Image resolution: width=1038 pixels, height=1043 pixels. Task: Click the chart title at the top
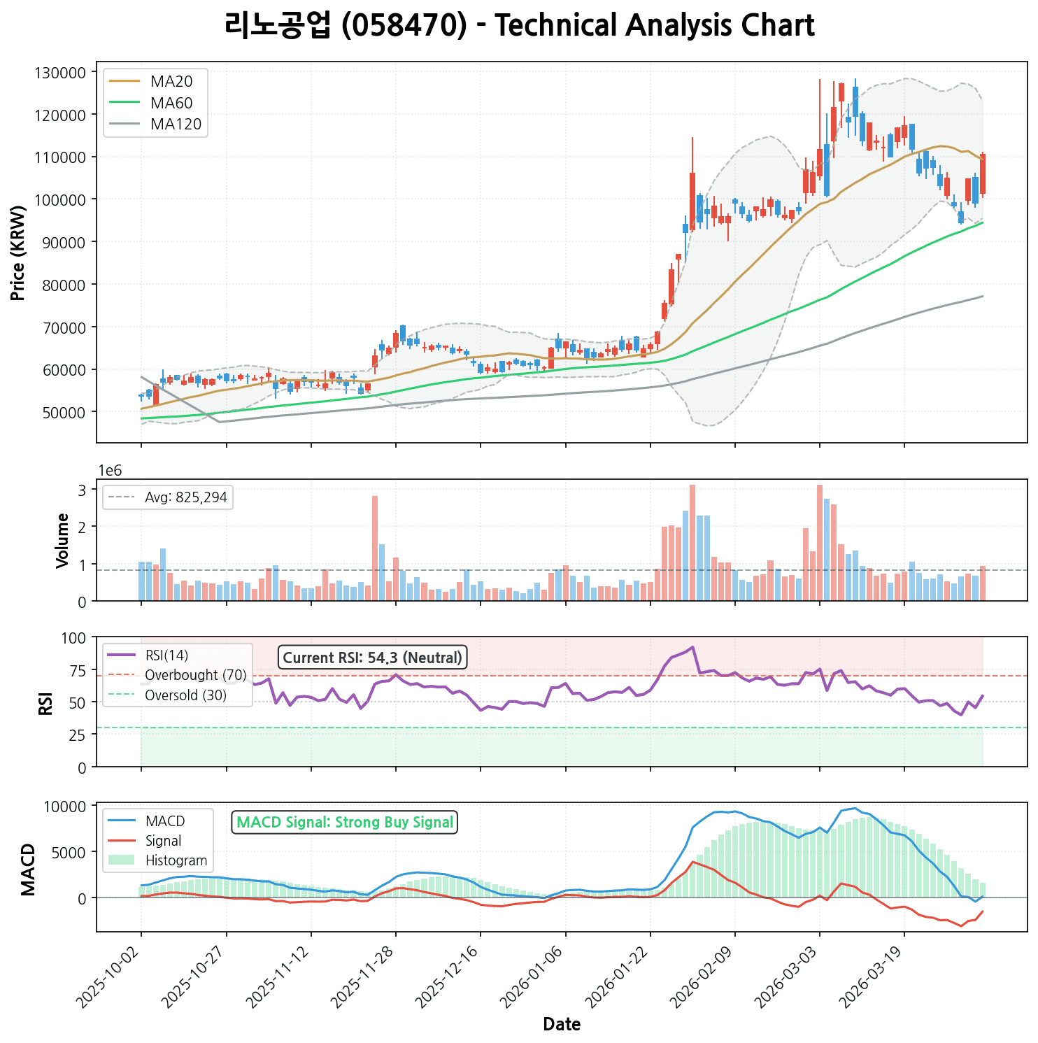point(519,26)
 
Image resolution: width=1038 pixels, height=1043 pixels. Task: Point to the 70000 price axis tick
point(68,327)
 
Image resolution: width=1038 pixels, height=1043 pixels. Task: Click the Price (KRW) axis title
point(18,253)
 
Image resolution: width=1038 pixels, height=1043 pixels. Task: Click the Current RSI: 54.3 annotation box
point(373,658)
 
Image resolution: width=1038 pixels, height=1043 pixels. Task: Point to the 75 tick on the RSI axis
point(78,670)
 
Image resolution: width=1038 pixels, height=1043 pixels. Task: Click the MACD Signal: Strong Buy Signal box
point(344,823)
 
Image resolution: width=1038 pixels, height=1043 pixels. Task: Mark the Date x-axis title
point(562,1025)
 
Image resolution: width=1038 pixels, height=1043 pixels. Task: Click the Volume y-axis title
point(63,540)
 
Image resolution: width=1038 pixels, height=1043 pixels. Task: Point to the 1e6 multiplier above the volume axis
point(109,471)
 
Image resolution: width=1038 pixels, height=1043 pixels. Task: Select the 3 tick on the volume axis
point(82,490)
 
